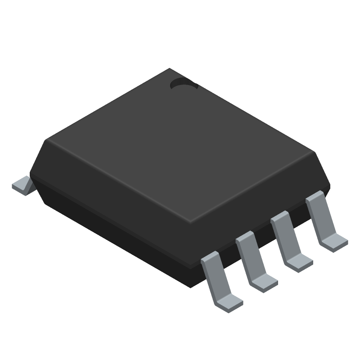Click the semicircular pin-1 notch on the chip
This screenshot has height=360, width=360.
point(184,83)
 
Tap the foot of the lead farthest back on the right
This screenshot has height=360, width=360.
point(335,242)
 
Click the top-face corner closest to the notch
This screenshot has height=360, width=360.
point(170,69)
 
